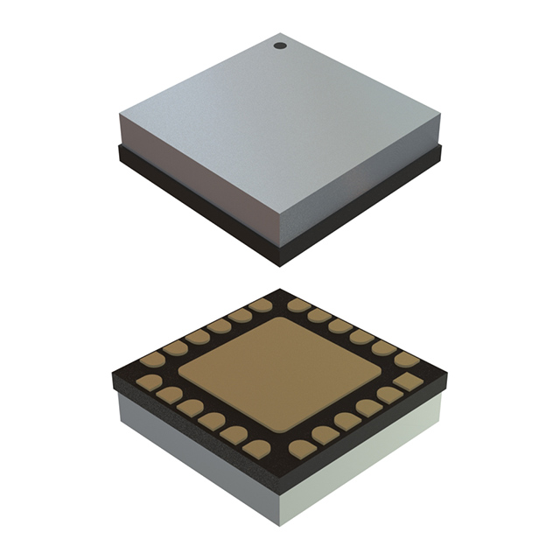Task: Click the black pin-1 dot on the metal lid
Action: [280, 45]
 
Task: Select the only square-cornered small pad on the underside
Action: [406, 381]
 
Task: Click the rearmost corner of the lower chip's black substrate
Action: [280, 290]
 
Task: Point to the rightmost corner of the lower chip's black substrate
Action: [446, 374]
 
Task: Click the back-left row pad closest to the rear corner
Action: [260, 305]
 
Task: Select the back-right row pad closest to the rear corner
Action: [300, 305]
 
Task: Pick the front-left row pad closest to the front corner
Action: [257, 449]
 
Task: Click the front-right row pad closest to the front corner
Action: [303, 449]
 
